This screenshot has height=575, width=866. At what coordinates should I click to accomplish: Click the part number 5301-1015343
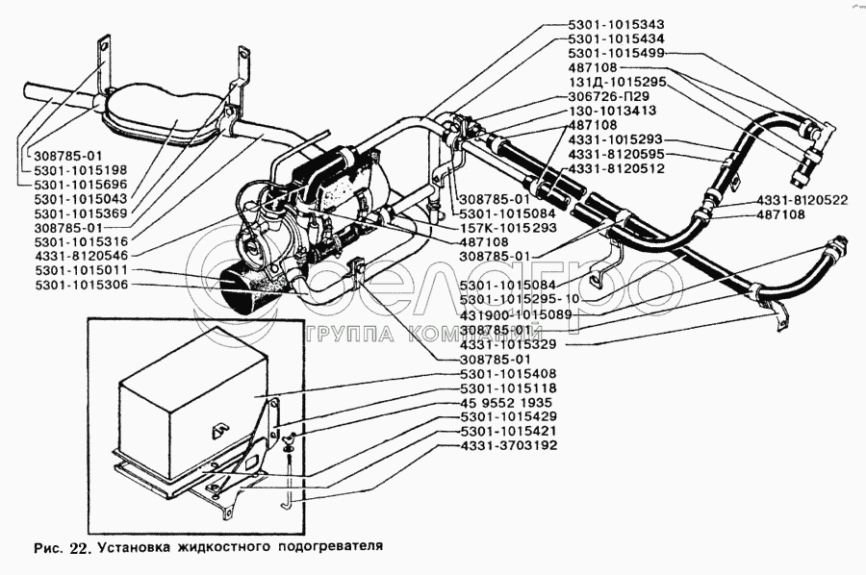coord(616,24)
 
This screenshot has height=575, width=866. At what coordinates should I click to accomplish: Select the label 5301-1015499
coord(616,53)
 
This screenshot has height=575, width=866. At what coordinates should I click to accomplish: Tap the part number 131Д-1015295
coord(617,82)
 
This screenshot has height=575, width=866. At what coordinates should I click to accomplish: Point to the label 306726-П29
coord(609,96)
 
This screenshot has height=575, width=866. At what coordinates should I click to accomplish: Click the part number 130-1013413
coord(612,111)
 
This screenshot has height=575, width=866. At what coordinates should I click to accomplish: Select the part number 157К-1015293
coord(508,227)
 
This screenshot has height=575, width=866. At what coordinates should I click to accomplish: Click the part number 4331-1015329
coord(507,344)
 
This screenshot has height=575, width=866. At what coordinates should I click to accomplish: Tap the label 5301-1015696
coord(81,185)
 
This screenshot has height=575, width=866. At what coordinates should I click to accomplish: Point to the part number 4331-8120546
coord(81,256)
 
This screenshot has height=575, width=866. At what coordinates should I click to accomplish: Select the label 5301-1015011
coord(81,270)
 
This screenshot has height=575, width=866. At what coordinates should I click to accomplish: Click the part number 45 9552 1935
coord(506,402)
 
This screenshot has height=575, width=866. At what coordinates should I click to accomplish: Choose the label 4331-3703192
coord(508,445)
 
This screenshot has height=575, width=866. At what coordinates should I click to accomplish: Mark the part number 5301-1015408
coord(508,374)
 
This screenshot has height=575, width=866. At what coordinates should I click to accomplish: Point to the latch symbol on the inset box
coord(219,431)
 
